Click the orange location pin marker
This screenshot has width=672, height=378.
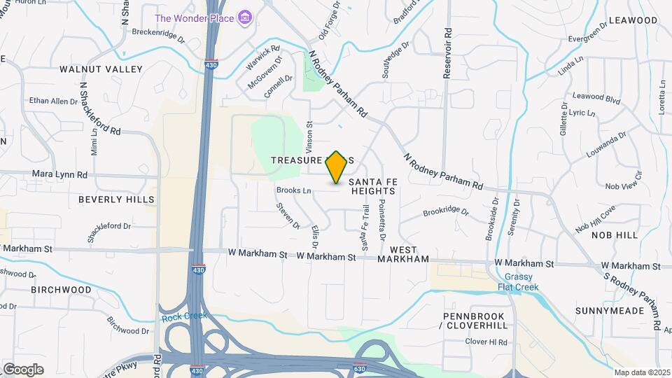click(337, 167)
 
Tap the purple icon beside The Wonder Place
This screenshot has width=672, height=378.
click(244, 17)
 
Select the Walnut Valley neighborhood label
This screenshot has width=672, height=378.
click(101, 69)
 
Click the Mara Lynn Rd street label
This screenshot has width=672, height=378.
click(59, 174)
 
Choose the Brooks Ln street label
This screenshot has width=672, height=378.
click(293, 190)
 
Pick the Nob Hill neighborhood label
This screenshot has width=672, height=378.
click(615, 236)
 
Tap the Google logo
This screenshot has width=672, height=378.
click(23, 369)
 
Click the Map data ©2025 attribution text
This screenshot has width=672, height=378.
click(642, 372)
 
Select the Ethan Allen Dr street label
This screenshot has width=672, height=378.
click(53, 101)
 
